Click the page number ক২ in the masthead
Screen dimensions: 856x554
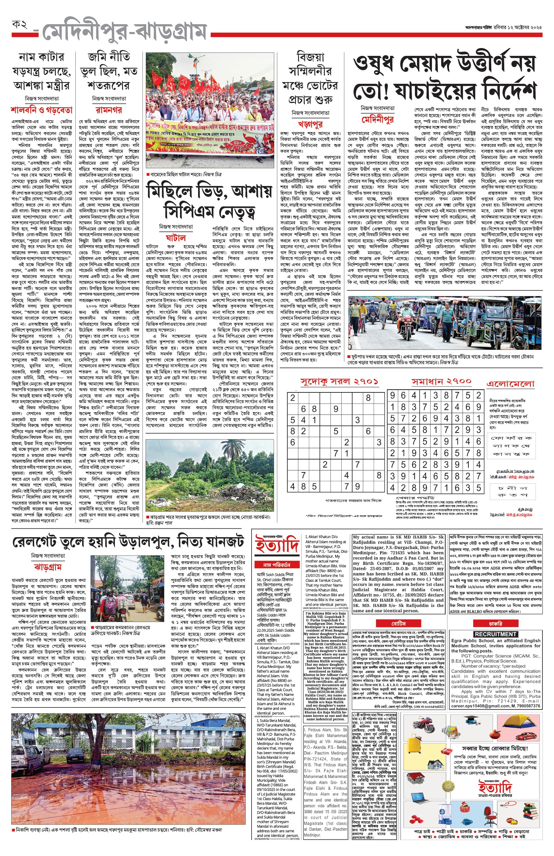point(20,25)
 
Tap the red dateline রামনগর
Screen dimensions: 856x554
point(109,110)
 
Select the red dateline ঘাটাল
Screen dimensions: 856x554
point(176,238)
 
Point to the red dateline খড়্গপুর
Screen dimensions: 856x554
point(310,125)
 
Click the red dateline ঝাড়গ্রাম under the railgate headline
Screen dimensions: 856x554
point(48,567)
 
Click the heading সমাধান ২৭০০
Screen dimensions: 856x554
point(441,381)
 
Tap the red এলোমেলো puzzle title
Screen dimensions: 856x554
point(510,384)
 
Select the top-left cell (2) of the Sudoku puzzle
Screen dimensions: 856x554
point(293,398)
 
